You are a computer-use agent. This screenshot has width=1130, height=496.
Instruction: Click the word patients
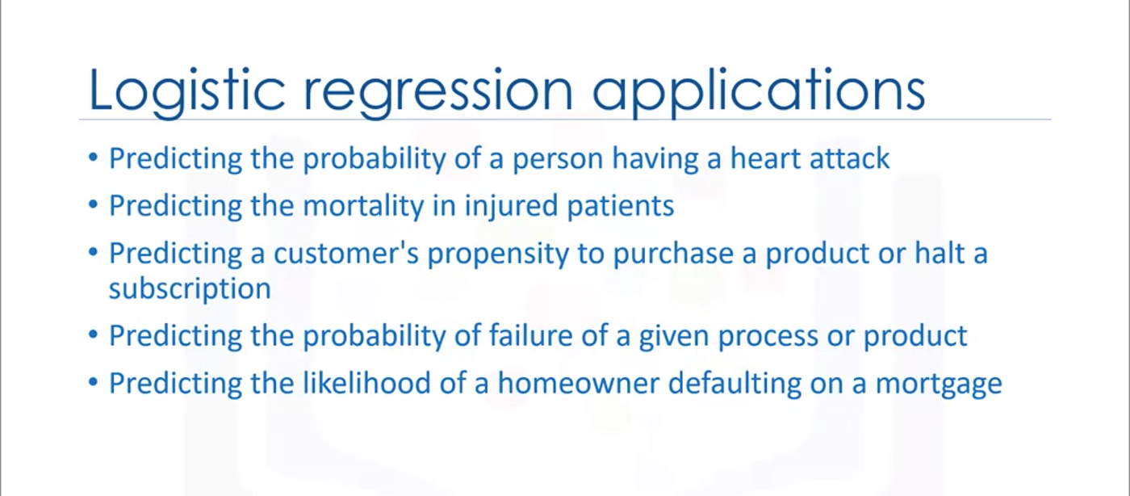point(623,206)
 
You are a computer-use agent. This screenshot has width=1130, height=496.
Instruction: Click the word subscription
point(190,289)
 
